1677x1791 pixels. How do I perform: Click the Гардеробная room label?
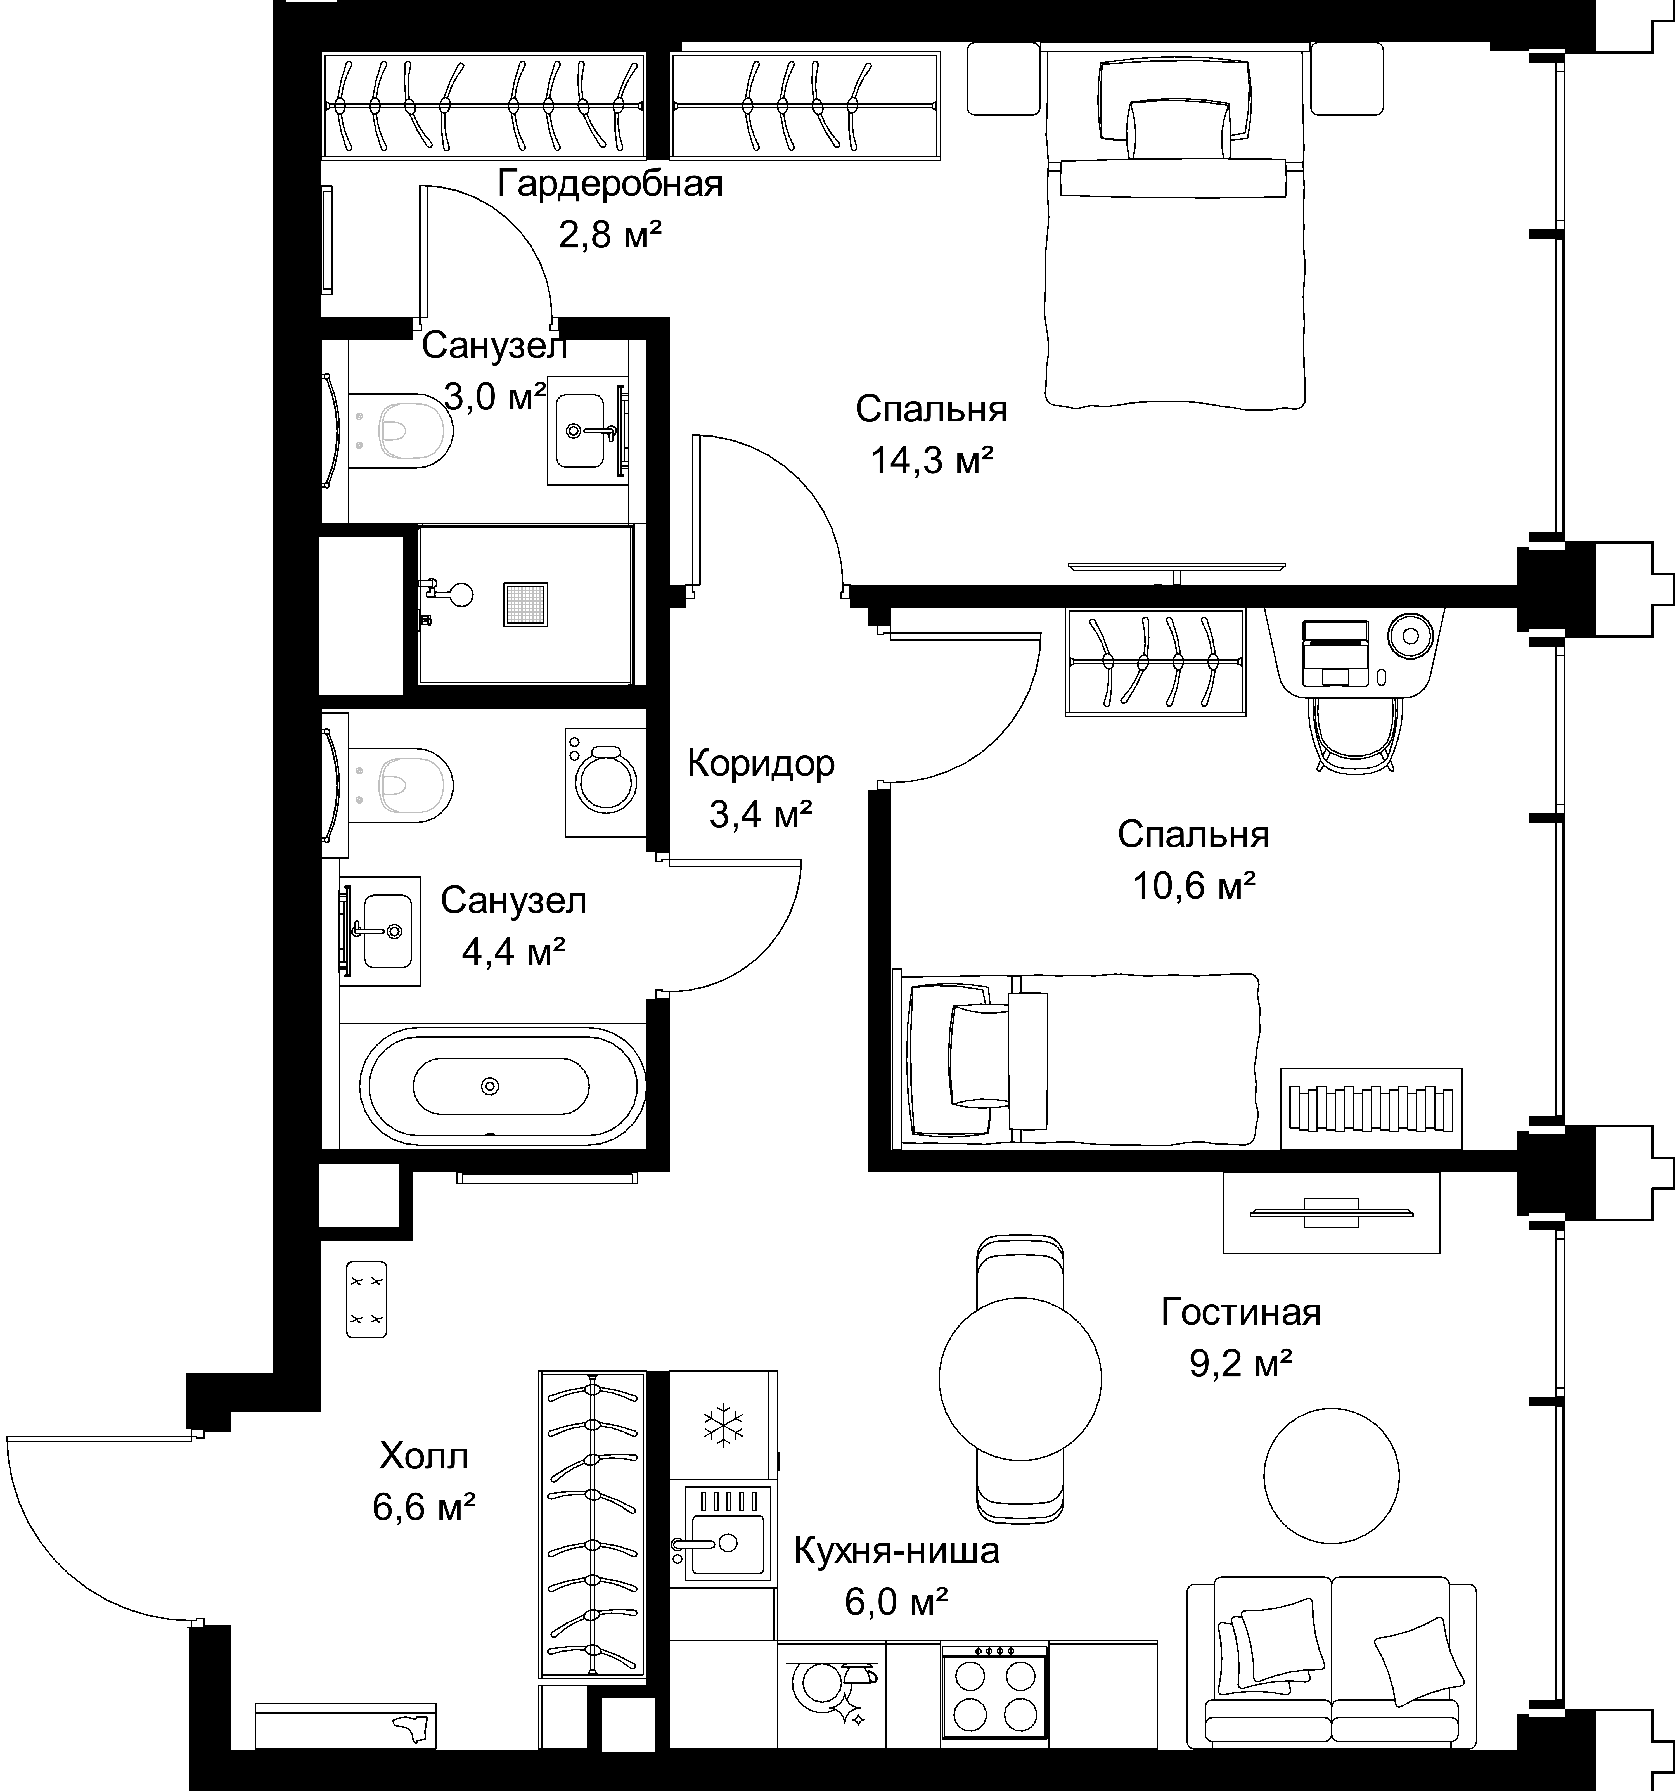pos(610,185)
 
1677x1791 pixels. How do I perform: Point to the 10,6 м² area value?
pos(1194,887)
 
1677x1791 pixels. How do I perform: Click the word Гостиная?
pos(1241,1313)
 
